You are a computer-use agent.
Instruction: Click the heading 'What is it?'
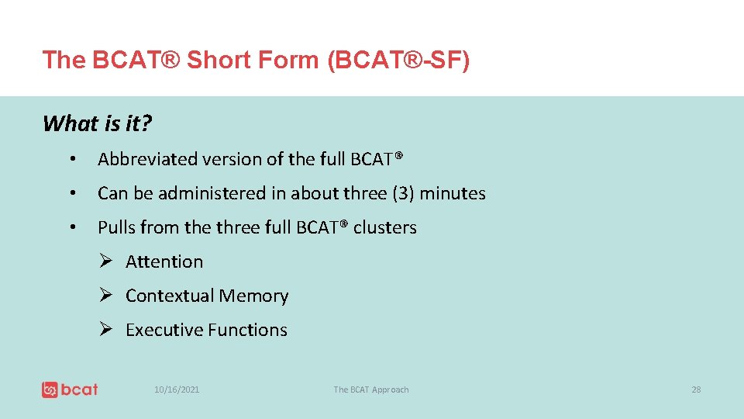click(x=97, y=123)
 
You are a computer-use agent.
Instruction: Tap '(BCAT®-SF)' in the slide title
click(x=398, y=60)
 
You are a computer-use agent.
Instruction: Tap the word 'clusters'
click(x=385, y=227)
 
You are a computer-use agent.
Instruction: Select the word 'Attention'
click(x=164, y=261)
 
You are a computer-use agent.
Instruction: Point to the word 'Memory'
click(x=253, y=296)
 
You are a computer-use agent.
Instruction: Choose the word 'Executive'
click(x=163, y=330)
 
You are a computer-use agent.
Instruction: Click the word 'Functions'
click(x=247, y=330)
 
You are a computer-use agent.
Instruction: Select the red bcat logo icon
click(x=50, y=390)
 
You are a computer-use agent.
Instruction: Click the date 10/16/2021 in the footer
click(x=177, y=390)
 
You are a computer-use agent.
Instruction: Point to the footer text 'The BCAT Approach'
click(x=370, y=390)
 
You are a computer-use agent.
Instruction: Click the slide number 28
click(x=696, y=390)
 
